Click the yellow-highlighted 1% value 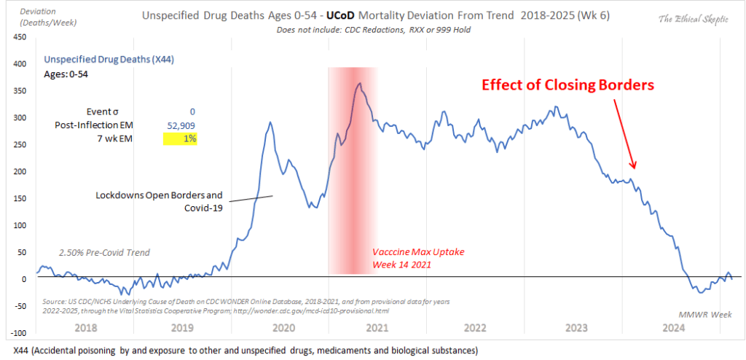tap(190, 138)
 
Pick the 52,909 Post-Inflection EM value tap(181, 125)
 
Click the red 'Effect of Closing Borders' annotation tap(568, 85)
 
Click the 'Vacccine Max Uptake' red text tap(418, 251)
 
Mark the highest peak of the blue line tap(359, 83)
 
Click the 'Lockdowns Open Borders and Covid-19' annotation tap(159, 201)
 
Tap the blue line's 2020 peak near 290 tap(271, 122)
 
